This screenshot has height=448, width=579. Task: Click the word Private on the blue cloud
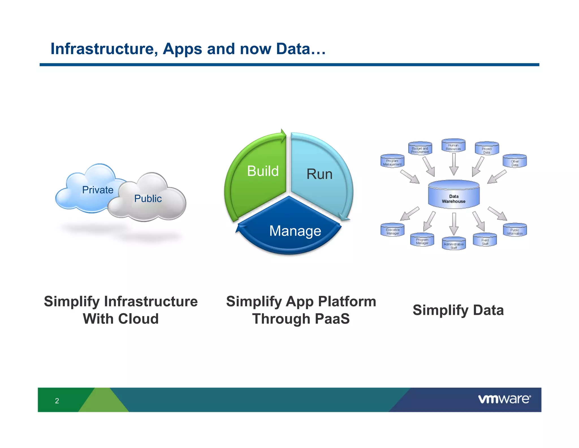click(x=98, y=190)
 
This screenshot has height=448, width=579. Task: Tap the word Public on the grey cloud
click(x=148, y=199)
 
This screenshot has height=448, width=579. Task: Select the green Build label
click(x=263, y=171)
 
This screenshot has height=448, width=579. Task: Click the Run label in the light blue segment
click(x=319, y=174)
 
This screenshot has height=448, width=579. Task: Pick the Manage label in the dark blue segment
click(x=295, y=231)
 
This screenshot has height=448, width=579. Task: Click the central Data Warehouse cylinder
click(x=453, y=195)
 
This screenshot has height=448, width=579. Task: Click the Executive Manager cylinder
click(x=392, y=230)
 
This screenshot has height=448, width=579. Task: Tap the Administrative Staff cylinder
click(x=453, y=244)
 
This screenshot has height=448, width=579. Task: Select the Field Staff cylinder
click(x=485, y=240)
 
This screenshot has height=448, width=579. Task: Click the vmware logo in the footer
click(x=504, y=399)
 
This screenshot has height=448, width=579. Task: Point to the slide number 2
click(x=57, y=400)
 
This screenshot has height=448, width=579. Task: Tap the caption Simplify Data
click(x=458, y=310)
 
